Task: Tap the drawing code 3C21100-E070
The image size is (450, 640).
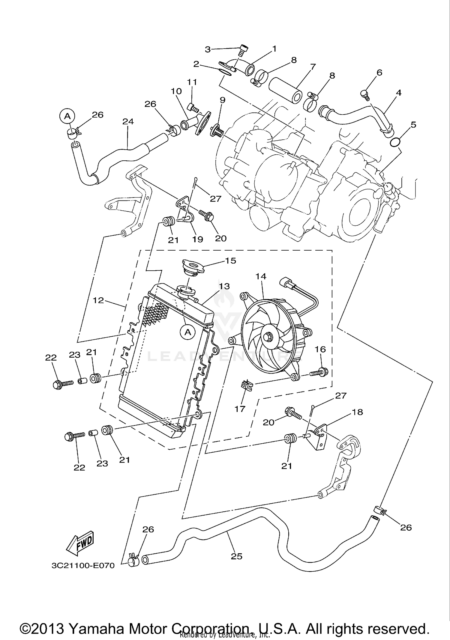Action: [x=83, y=566]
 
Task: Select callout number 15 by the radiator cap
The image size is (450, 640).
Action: [x=230, y=260]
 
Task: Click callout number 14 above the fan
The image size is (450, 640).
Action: [x=261, y=276]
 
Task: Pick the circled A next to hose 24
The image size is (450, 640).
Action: [x=68, y=115]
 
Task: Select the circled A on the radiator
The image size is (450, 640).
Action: [x=188, y=332]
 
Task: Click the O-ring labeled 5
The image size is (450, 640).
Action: [x=396, y=142]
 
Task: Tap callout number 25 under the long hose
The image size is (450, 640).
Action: [x=236, y=556]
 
